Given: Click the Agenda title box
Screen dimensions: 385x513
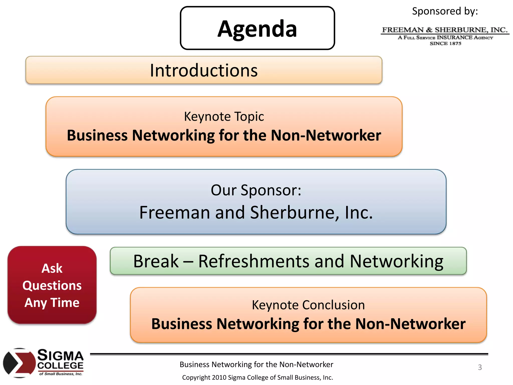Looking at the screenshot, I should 257,28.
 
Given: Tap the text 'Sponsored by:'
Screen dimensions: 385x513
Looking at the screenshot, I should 445,11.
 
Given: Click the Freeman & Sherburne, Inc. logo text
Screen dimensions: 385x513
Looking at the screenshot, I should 445,30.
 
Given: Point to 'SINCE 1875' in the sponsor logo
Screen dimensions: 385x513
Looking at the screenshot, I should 445,44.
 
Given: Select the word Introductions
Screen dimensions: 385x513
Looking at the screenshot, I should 204,70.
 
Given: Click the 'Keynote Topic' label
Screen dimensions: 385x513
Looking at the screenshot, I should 224,117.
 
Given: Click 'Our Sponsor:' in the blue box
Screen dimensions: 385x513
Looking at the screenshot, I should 256,190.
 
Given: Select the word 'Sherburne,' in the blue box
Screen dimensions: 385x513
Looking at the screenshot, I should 295,213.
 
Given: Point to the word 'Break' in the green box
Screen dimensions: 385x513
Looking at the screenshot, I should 156,261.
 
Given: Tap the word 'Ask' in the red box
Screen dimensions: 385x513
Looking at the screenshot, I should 52,268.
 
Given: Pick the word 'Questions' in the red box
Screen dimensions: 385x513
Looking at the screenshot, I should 52,285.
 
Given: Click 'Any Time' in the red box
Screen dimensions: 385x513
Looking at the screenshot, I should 52,303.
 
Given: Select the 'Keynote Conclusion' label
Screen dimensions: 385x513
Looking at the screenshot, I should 308,305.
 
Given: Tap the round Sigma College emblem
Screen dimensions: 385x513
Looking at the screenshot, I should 19,363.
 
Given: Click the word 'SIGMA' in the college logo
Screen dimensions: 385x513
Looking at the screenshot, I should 60,355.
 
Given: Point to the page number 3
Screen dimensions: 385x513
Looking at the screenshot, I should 480,367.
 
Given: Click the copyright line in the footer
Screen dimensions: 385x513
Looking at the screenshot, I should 257,377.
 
